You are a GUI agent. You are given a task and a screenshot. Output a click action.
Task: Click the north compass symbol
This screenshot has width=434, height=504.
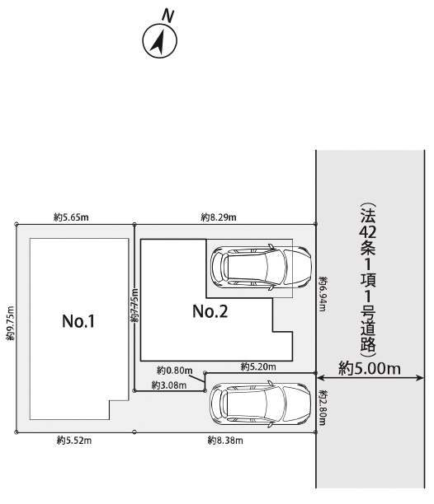coord(160,41)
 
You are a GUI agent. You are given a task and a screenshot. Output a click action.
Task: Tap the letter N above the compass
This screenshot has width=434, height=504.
coord(167,16)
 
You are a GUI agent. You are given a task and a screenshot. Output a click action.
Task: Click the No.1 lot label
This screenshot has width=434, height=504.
coord(78,321)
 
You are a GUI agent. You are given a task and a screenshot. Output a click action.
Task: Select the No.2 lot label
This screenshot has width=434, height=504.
coord(210,311)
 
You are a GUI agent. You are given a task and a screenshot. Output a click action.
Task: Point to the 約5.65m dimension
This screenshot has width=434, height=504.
coord(71,217)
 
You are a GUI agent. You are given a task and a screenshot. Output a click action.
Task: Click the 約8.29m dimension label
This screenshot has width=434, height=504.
coord(219,217)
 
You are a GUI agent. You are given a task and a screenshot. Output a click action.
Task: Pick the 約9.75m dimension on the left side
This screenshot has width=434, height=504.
coord(10,324)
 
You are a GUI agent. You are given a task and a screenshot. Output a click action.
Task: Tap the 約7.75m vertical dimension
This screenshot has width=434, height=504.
coord(134,306)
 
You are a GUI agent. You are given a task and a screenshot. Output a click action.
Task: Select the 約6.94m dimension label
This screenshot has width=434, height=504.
coord(323,294)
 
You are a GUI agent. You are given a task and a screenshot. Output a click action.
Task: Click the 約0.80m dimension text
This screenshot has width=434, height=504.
coord(174,371)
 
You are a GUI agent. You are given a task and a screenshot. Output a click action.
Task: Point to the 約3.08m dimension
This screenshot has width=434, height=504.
coord(169,385)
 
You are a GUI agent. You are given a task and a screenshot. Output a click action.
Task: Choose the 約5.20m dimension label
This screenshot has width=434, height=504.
coord(258,366)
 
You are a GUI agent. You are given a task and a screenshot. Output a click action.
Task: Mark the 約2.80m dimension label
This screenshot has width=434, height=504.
coord(323,408)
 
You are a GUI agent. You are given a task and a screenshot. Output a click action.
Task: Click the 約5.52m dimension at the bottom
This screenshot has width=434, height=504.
coord(74,440)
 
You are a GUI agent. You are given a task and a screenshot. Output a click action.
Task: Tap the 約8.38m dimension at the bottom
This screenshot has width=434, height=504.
coord(225,440)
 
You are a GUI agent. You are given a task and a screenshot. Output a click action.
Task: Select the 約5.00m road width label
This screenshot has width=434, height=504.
coord(370,368)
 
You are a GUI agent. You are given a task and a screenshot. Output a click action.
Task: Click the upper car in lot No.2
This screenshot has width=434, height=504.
coord(261,267)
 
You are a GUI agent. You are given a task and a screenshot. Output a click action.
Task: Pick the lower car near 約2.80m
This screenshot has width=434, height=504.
coord(260,404)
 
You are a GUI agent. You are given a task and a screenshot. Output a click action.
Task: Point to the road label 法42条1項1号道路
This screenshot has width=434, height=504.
coord(368,279)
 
